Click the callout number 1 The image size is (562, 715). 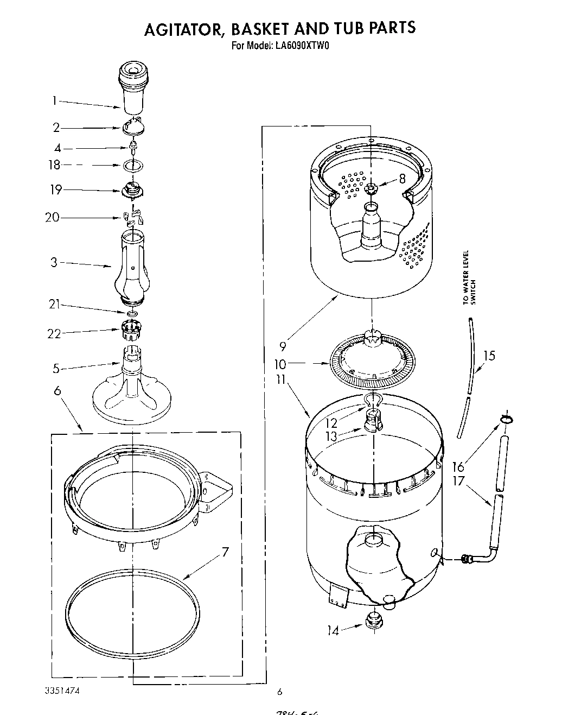tap(54, 101)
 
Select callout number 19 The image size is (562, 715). tap(56, 190)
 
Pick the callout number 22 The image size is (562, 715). tap(54, 333)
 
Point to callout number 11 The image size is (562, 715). tap(280, 379)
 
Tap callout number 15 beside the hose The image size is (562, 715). tap(489, 356)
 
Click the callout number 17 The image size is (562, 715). tap(458, 482)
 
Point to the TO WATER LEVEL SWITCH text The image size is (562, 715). tap(469, 278)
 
